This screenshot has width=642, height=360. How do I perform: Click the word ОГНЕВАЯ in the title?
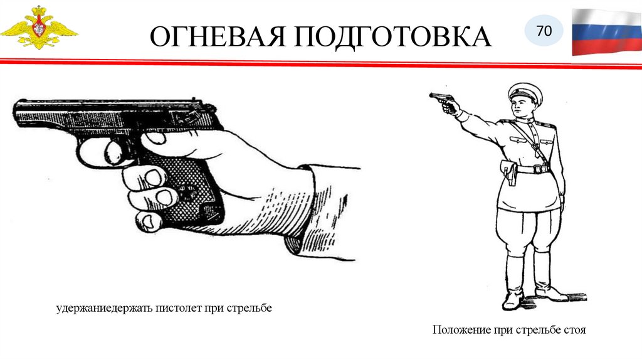(x=218, y=36)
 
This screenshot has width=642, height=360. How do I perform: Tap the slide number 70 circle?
(x=544, y=31)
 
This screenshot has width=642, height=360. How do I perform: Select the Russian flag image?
(x=607, y=32)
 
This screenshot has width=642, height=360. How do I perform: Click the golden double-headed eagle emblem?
(x=39, y=28)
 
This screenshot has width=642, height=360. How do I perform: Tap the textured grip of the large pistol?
(x=188, y=188)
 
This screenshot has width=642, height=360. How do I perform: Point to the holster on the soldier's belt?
(x=509, y=172)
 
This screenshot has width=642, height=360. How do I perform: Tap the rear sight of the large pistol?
(x=194, y=100)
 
